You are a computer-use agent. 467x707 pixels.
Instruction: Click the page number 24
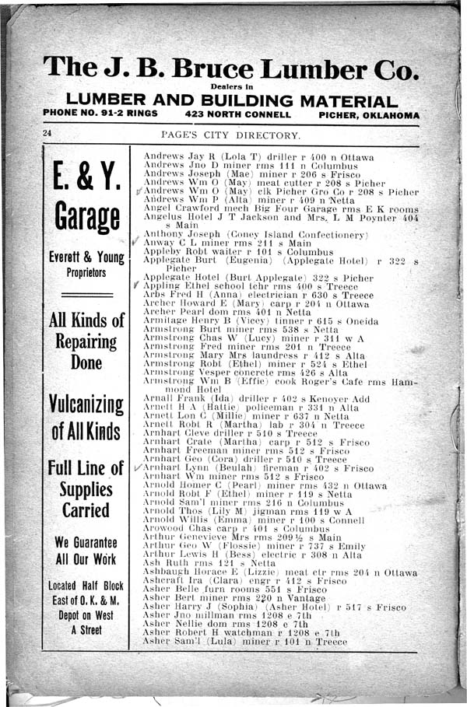(x=47, y=135)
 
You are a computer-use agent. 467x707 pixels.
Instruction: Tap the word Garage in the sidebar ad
(x=86, y=220)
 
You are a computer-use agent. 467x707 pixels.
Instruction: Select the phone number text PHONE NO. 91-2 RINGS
(x=100, y=114)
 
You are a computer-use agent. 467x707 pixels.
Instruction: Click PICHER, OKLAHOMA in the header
(x=368, y=114)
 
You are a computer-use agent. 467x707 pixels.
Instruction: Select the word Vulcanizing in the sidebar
(x=86, y=405)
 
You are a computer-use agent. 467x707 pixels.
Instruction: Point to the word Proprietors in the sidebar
(x=86, y=274)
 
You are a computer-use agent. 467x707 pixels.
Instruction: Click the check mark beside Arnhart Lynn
(x=138, y=467)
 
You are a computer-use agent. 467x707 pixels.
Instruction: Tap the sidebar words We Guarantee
(x=86, y=542)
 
